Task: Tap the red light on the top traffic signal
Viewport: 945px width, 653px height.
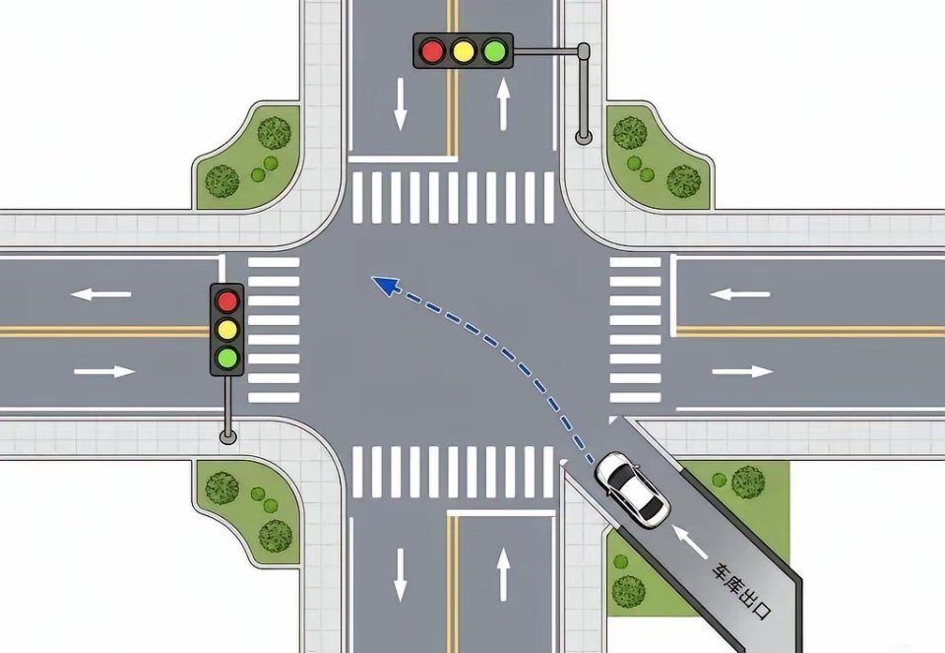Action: tap(432, 50)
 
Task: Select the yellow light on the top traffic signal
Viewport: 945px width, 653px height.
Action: tap(463, 50)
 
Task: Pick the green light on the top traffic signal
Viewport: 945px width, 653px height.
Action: tap(494, 50)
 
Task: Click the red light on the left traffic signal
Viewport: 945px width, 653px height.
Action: tap(227, 300)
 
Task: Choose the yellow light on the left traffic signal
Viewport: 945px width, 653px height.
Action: tap(227, 329)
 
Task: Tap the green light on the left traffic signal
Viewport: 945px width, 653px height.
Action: tap(227, 359)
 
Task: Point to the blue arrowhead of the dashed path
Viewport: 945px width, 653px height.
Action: tap(386, 285)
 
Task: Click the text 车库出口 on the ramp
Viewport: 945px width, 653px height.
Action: tap(741, 592)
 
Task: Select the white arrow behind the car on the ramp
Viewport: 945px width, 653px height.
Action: tap(689, 542)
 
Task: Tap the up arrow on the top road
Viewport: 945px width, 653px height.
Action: tap(503, 103)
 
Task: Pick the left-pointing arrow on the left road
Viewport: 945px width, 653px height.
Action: tap(100, 294)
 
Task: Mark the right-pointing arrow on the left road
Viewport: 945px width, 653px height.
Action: tap(105, 371)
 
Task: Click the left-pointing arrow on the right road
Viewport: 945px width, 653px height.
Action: tap(739, 294)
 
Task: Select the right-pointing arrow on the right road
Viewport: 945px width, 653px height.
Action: tap(742, 371)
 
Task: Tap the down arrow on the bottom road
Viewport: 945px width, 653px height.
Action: tap(401, 574)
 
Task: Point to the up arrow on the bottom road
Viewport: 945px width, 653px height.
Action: tap(503, 574)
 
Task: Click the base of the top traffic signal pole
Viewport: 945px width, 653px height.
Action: tap(584, 137)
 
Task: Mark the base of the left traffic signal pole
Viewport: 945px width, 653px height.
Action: tap(227, 436)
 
